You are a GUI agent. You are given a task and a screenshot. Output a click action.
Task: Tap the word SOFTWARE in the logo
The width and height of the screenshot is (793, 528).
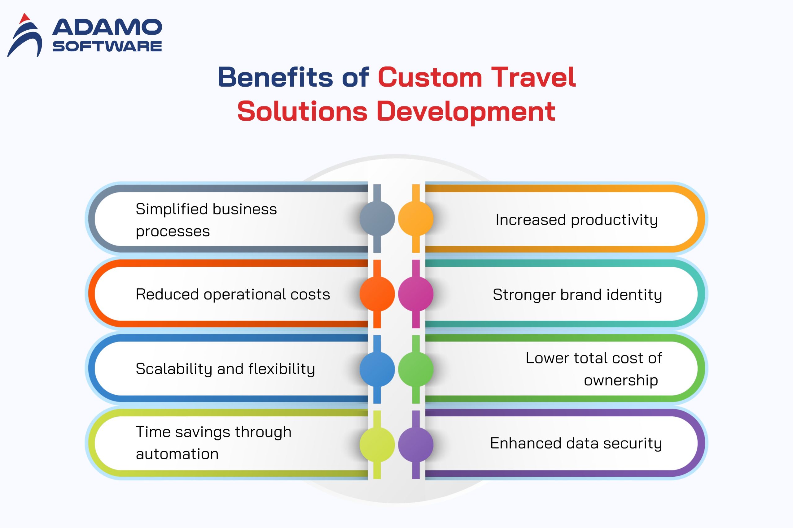coord(107,46)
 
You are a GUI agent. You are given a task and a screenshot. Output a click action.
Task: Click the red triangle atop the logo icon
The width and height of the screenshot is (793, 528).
coord(24,18)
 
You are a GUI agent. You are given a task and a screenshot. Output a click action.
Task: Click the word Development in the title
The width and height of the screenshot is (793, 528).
coord(466,111)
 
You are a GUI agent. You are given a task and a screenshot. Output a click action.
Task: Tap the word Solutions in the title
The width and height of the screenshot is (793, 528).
coord(302,111)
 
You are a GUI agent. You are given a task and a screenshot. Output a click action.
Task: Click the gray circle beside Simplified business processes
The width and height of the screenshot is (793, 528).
coord(377,219)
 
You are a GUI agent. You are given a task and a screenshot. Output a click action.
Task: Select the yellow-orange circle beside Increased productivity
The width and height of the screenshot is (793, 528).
coord(416,219)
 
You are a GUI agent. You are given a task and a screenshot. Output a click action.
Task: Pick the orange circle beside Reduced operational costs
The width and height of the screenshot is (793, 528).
coord(377,294)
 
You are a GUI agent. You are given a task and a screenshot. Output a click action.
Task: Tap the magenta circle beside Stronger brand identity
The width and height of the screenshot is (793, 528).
coord(416,294)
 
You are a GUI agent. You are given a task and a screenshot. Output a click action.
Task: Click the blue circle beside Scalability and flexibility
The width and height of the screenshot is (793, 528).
coord(377,369)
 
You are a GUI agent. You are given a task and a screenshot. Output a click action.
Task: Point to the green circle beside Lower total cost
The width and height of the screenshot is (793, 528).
coord(416,369)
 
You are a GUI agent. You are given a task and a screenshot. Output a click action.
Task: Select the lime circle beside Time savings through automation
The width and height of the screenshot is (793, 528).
coord(377,444)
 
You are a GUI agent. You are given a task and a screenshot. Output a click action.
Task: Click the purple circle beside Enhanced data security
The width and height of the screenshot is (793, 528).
coord(416,444)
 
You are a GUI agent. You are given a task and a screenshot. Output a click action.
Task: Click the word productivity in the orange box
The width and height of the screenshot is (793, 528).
coord(614,220)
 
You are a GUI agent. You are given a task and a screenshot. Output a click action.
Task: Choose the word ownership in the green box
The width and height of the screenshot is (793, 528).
coord(621,380)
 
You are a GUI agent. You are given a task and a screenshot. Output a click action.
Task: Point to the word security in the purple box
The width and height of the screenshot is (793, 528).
coord(633,444)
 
